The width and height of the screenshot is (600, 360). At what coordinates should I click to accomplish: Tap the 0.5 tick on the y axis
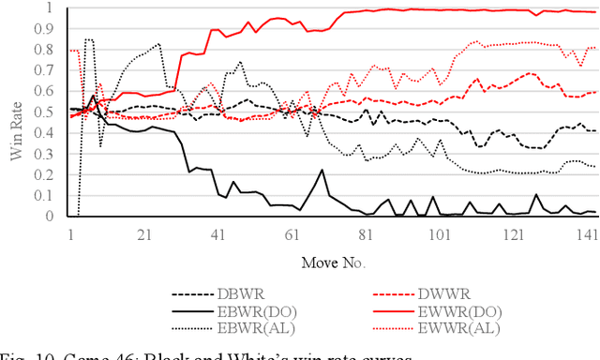[x=50, y=112]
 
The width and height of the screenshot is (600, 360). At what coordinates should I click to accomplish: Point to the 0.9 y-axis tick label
[x=50, y=28]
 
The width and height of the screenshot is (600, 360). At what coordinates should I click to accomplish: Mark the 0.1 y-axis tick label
[x=50, y=195]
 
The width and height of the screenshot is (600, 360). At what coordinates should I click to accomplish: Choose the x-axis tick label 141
[x=587, y=232]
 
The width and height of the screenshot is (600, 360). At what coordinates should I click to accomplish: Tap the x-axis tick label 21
[x=143, y=232]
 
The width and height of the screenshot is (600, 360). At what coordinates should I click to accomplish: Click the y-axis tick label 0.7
[x=50, y=70]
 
